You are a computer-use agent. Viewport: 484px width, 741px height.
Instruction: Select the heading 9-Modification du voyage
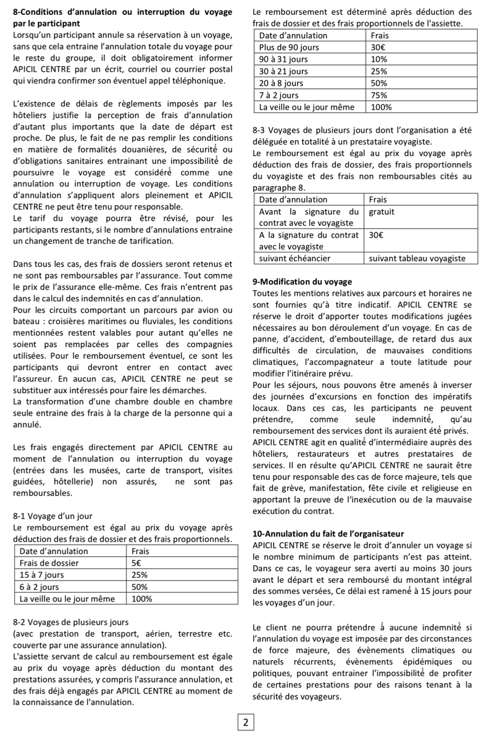pos(302,282)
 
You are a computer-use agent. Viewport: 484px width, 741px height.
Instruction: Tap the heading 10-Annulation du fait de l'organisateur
pos(328,534)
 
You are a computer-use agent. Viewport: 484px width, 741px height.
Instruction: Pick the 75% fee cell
pos(378,95)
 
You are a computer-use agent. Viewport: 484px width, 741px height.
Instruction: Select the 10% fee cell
pos(378,59)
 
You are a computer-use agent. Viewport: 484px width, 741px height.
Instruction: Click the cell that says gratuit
pos(382,211)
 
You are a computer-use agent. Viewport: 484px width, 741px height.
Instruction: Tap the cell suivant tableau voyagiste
pos(417,259)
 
